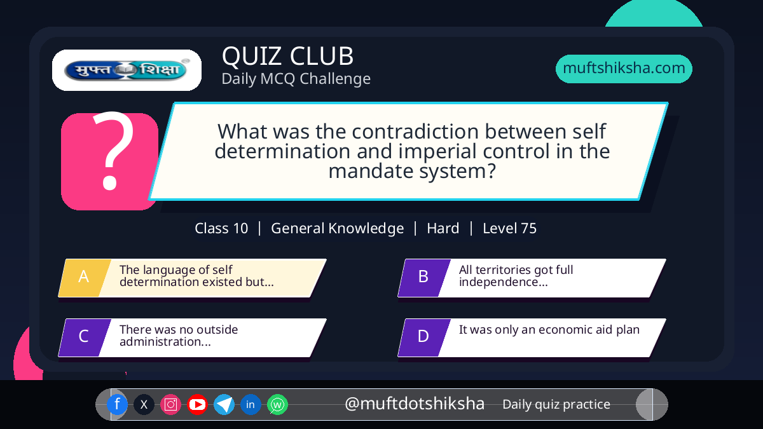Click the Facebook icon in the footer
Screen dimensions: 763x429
pos(117,404)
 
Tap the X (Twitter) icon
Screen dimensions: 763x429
pos(144,404)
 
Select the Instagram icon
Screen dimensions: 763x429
pos(170,404)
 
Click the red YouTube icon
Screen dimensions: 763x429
pos(197,404)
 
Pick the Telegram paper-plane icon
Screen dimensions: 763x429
pos(224,404)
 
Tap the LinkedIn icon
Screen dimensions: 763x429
pos(251,404)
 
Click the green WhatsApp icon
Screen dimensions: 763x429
pos(277,404)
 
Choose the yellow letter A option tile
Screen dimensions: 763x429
pos(85,278)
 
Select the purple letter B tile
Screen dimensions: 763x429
pos(424,278)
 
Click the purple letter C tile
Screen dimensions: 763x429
pos(85,337)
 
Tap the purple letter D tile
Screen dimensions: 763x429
pos(424,337)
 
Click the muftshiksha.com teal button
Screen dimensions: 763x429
pos(624,69)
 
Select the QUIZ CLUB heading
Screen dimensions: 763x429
pos(288,56)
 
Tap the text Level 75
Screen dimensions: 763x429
pos(509,228)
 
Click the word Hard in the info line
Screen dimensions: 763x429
pos(443,228)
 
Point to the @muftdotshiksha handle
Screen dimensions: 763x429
pos(415,404)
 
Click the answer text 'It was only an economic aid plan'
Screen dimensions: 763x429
pos(549,330)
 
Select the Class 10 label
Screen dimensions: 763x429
pos(221,228)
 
